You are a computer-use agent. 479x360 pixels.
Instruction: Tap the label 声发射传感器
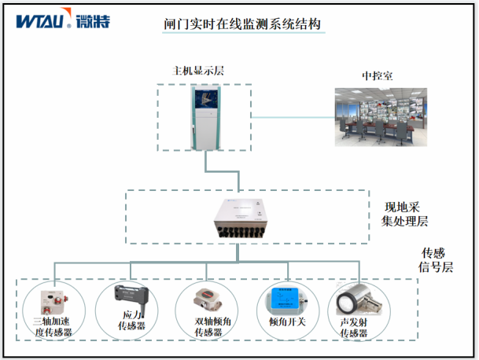click(354, 327)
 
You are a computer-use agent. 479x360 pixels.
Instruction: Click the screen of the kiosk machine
click(205, 101)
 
